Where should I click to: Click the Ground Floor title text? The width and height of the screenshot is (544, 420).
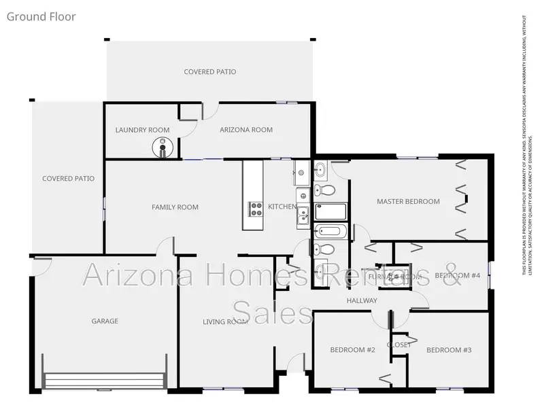coord(41,16)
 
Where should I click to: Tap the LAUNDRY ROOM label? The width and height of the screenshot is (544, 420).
coord(142,130)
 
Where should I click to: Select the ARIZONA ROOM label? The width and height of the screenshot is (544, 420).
coord(246,130)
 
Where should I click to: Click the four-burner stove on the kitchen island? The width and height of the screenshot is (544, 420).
coord(256,209)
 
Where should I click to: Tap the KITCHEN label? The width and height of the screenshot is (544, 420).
coord(282,207)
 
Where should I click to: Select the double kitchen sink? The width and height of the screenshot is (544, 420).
coord(303,217)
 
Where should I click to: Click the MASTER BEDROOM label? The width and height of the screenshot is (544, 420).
coord(408,201)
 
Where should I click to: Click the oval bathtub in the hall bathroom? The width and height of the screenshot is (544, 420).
coord(331,232)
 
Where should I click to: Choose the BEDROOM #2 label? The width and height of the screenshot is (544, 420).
coord(352,350)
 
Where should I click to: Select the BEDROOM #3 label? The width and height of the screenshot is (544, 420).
coord(449,350)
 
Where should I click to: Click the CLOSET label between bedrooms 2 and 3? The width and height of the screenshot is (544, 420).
coord(399,345)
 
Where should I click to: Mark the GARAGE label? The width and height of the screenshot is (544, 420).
coord(105,321)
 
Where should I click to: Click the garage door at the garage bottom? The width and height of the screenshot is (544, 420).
coord(105,380)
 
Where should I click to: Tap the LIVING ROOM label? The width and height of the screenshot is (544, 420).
coord(224,321)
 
